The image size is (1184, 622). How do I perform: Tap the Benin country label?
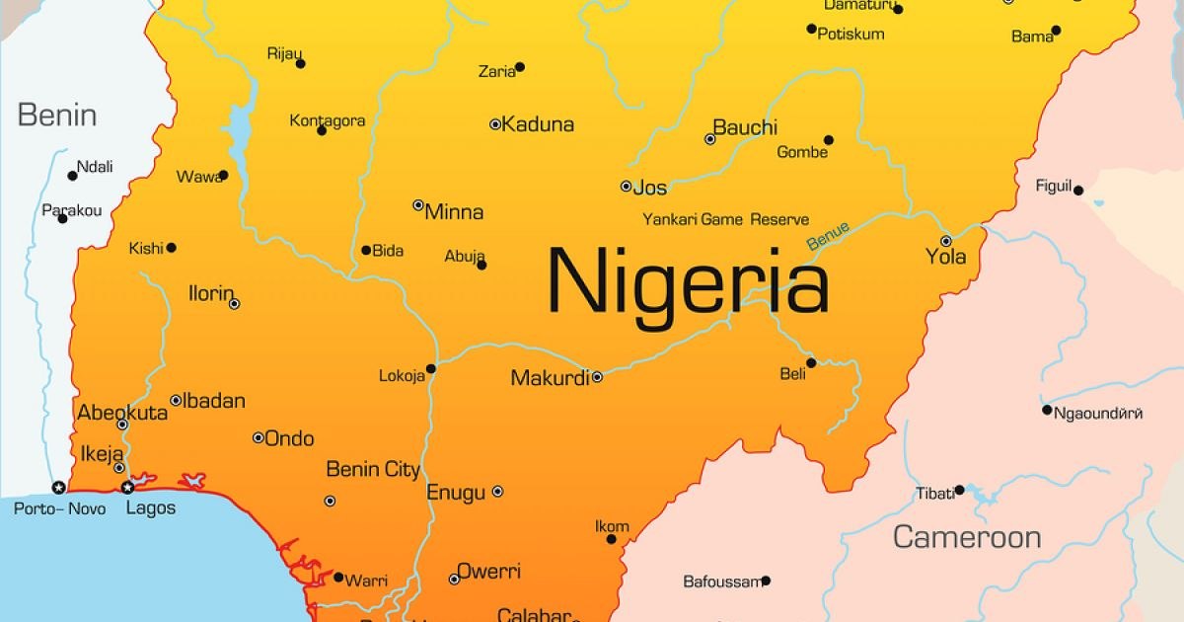(x=57, y=116)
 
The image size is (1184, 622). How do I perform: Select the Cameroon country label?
(x=967, y=537)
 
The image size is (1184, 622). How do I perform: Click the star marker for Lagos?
(x=127, y=487)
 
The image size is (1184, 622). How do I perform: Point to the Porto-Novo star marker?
(x=58, y=487)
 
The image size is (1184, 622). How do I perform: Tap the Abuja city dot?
(x=481, y=265)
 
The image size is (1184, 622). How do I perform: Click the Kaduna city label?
(x=538, y=124)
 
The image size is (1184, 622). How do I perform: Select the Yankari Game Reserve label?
(x=725, y=219)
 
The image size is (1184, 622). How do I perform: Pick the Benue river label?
(x=827, y=237)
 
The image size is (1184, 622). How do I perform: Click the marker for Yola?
(x=945, y=241)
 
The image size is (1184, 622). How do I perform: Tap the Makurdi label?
(x=550, y=377)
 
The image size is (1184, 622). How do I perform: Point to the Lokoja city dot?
(x=431, y=369)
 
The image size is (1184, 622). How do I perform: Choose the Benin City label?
(x=373, y=470)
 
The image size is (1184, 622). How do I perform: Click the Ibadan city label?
(x=214, y=401)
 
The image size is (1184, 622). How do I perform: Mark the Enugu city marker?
(x=497, y=492)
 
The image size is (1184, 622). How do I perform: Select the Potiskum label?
(x=851, y=35)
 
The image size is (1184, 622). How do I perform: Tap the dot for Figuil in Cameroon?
(x=1078, y=191)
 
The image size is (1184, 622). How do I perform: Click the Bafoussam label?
(x=721, y=582)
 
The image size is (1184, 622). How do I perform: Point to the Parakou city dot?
(x=62, y=218)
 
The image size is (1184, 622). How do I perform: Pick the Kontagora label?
(x=328, y=120)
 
